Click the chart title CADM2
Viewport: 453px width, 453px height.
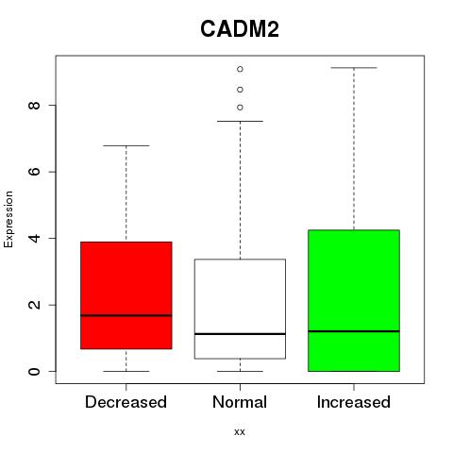point(240,29)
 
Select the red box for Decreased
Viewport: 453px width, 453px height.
point(126,295)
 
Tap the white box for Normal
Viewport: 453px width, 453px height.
point(240,309)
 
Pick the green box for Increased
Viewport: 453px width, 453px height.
point(354,300)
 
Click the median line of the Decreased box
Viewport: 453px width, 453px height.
point(126,315)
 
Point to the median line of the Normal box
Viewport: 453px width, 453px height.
point(240,334)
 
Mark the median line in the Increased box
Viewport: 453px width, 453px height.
point(354,331)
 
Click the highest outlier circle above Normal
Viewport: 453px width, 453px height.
point(240,69)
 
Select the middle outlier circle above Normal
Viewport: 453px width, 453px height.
point(240,90)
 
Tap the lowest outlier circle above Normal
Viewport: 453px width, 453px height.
point(240,108)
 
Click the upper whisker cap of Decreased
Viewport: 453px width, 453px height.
point(126,145)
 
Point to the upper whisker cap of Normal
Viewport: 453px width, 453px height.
point(240,121)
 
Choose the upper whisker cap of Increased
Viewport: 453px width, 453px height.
point(354,68)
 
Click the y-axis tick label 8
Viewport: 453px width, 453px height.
point(34,105)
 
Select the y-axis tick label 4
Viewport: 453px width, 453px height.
point(34,238)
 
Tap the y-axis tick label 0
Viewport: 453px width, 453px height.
point(34,371)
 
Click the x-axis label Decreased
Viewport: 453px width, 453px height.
point(126,402)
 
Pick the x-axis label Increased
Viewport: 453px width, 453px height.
point(354,402)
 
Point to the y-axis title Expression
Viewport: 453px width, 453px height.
point(8,219)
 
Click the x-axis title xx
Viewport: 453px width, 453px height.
point(240,431)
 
